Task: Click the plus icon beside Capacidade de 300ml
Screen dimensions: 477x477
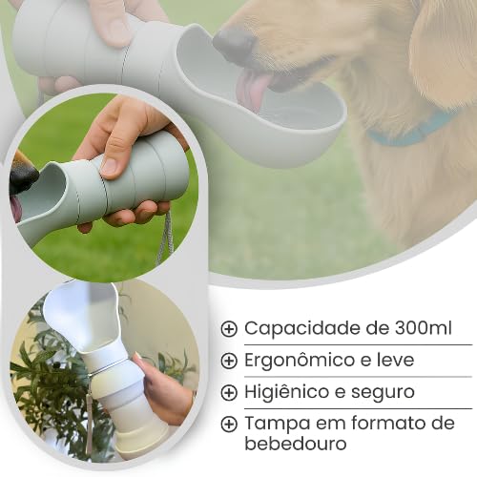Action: click(229, 329)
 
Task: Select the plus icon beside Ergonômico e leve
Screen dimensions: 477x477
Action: click(229, 361)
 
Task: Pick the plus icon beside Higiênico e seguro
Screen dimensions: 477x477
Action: click(229, 393)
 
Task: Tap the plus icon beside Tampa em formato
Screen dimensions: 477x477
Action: click(229, 424)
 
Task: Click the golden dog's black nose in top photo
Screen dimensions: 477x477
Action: click(234, 42)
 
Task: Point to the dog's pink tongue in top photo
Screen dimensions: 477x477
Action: click(252, 91)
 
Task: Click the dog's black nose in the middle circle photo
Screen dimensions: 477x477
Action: click(22, 176)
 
